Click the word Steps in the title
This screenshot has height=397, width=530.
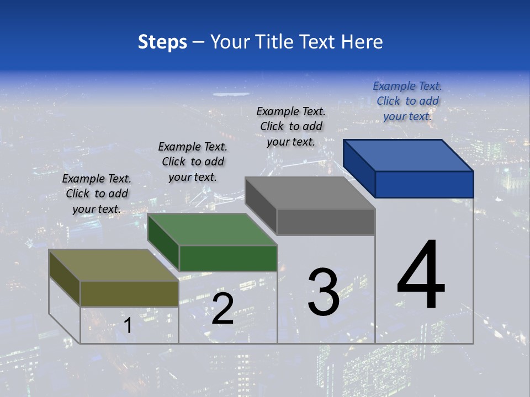coord(162,42)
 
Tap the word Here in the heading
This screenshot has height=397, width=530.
coord(362,42)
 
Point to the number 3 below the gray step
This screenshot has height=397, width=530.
coord(324,292)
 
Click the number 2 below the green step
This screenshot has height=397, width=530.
coord(222,308)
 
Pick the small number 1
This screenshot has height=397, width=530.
coord(128,325)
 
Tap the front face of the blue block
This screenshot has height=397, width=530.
coord(424,184)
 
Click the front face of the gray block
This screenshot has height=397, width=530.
coord(326,222)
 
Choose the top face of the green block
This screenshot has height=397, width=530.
coord(213,229)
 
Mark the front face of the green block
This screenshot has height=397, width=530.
coord(228,258)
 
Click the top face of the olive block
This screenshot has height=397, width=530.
coord(114,265)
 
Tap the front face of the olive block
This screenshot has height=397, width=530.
coord(129,293)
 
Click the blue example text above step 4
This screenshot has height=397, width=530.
coord(407,101)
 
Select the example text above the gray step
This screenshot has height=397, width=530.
coord(291,126)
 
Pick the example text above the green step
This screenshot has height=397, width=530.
coord(193,162)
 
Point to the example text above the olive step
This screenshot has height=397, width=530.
coord(97,194)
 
